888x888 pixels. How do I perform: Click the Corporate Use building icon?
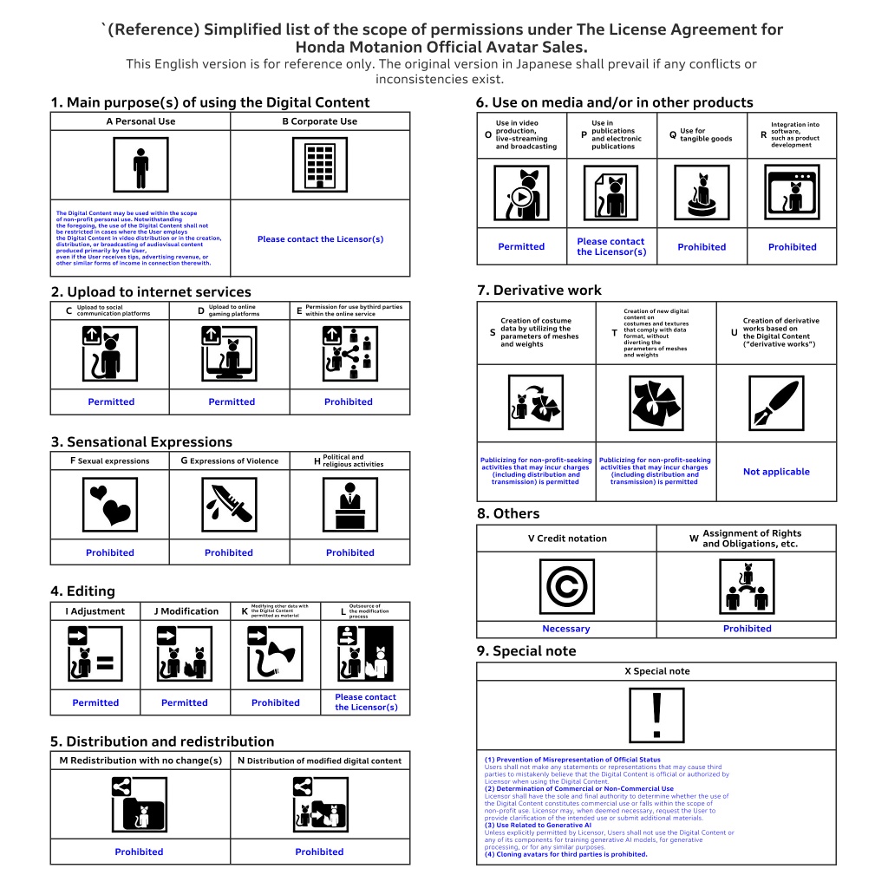[x=320, y=165]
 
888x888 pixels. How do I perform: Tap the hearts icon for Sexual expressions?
[x=111, y=504]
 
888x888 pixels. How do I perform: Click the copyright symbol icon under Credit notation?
[x=566, y=586]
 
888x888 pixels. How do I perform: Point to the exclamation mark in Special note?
[x=656, y=715]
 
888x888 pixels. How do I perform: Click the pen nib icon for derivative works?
[x=776, y=403]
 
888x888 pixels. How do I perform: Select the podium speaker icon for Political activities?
[x=350, y=504]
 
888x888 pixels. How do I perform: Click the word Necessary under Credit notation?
[x=566, y=629]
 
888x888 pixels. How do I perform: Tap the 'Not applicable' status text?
[x=776, y=472]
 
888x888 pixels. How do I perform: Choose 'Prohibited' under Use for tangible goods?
[x=702, y=247]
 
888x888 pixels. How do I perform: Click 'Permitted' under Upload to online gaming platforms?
[x=232, y=402]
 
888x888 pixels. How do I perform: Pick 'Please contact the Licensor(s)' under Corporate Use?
[x=320, y=239]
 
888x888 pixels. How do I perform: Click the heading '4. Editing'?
[x=82, y=591]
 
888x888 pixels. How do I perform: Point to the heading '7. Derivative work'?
[x=539, y=291]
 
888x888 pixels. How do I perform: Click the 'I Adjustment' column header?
[x=95, y=611]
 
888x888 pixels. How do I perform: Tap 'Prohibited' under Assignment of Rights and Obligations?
[x=747, y=629]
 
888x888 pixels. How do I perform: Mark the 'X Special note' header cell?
[x=656, y=671]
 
